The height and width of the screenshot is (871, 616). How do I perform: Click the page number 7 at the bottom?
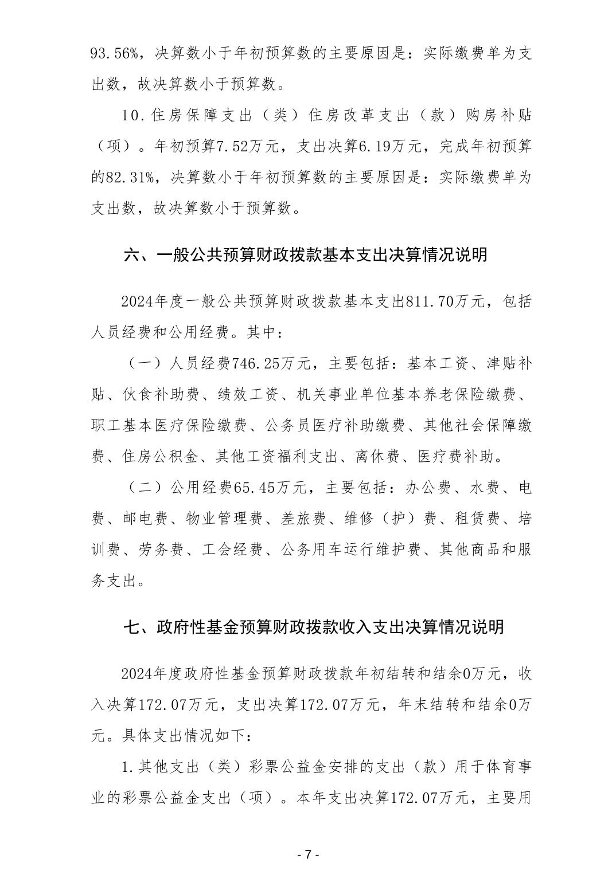pyautogui.click(x=308, y=853)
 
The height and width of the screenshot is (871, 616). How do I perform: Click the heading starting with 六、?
pyautogui.click(x=306, y=254)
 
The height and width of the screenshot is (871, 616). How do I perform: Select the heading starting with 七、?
pyautogui.click(x=314, y=627)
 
